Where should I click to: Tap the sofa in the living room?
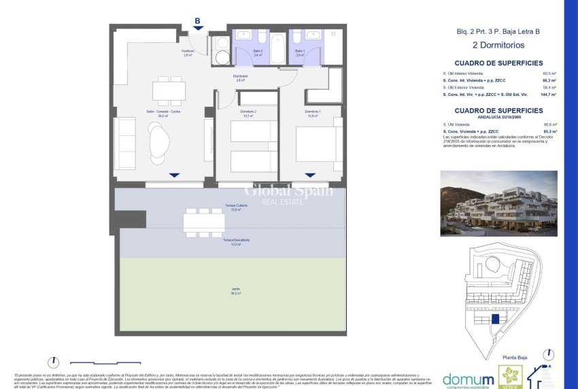pos(126,143)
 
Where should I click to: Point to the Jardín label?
pos(235,290)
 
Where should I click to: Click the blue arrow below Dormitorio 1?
pos(310,175)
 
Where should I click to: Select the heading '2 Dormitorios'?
pos(500,45)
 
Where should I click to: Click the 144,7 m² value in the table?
pos(549,95)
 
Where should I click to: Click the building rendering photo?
pos(499,203)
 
